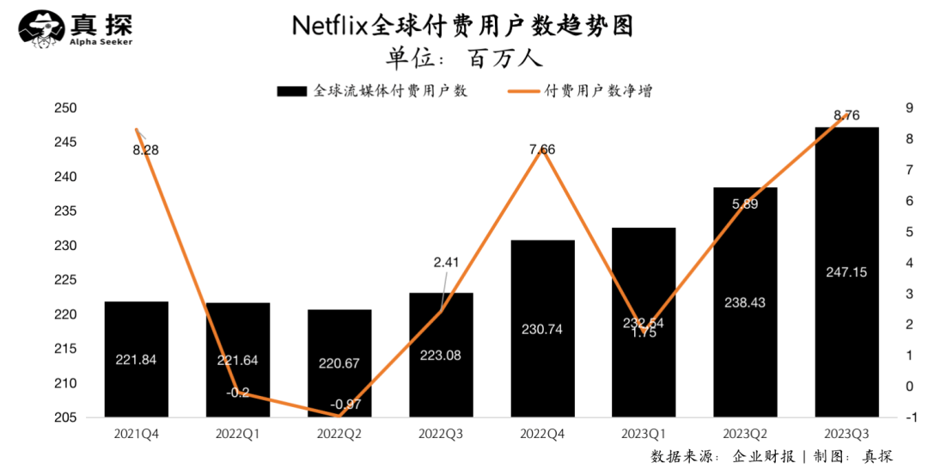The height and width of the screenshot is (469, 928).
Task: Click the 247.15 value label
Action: coord(846,271)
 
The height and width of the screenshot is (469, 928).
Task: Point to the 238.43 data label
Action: coord(744,302)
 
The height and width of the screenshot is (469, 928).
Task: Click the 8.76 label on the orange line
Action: coord(846,115)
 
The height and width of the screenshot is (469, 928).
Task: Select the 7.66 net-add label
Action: coord(542,149)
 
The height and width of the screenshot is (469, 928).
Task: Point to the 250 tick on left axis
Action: coord(66,108)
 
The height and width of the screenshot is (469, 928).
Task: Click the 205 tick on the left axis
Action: coord(66,418)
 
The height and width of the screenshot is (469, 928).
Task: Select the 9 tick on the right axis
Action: coord(909,108)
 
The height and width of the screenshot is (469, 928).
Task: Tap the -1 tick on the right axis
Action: coord(909,418)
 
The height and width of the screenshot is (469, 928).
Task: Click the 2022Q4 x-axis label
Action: coord(542,435)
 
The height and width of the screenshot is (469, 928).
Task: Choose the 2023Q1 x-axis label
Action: coord(644,435)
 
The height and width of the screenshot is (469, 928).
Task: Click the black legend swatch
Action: coord(291,90)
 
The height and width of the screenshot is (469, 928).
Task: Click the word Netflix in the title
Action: coord(332,26)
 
